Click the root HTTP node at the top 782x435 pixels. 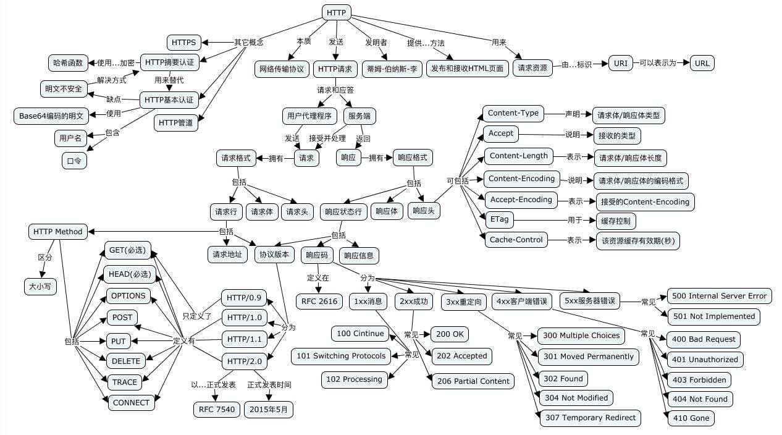click(x=337, y=12)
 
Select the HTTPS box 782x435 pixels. click(x=183, y=42)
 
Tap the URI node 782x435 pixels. click(x=620, y=63)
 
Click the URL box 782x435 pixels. click(x=702, y=63)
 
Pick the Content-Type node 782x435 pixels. click(x=513, y=113)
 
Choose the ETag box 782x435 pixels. click(x=498, y=219)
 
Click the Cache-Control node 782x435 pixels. click(x=516, y=240)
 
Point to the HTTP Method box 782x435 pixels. click(x=57, y=232)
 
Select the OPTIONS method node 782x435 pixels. click(x=128, y=296)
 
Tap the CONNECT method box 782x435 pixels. click(x=131, y=403)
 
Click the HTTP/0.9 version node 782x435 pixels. click(x=244, y=298)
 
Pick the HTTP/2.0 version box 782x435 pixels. click(x=244, y=361)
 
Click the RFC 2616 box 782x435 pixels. click(x=321, y=302)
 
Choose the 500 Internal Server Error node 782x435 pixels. click(x=719, y=296)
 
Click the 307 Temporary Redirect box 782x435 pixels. click(x=590, y=418)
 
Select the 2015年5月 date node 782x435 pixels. click(x=269, y=409)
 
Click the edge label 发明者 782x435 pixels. click(x=376, y=42)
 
